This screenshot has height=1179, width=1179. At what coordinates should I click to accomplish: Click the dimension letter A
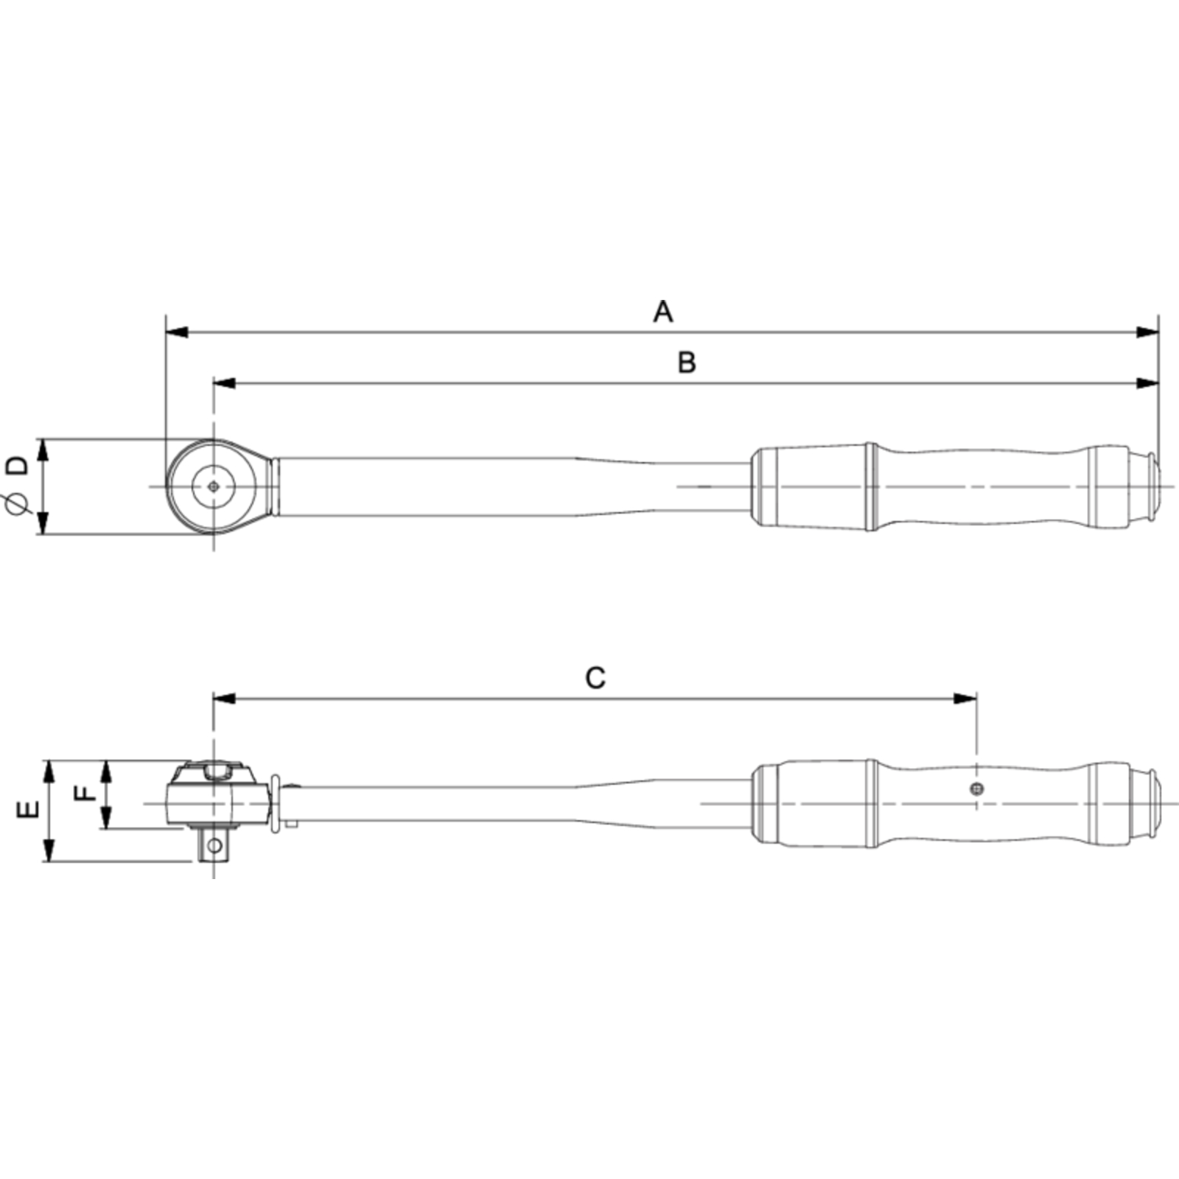tap(663, 312)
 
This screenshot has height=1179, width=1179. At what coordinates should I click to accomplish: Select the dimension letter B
tap(687, 363)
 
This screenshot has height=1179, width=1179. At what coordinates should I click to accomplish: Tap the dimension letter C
tap(595, 678)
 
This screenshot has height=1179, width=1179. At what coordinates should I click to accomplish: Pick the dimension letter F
tap(86, 793)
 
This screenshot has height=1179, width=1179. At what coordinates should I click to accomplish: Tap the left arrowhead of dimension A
tap(178, 332)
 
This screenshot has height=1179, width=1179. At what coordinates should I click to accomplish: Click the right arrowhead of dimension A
tap(1147, 332)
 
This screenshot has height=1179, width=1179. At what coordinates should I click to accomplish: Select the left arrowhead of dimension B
tap(225, 383)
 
